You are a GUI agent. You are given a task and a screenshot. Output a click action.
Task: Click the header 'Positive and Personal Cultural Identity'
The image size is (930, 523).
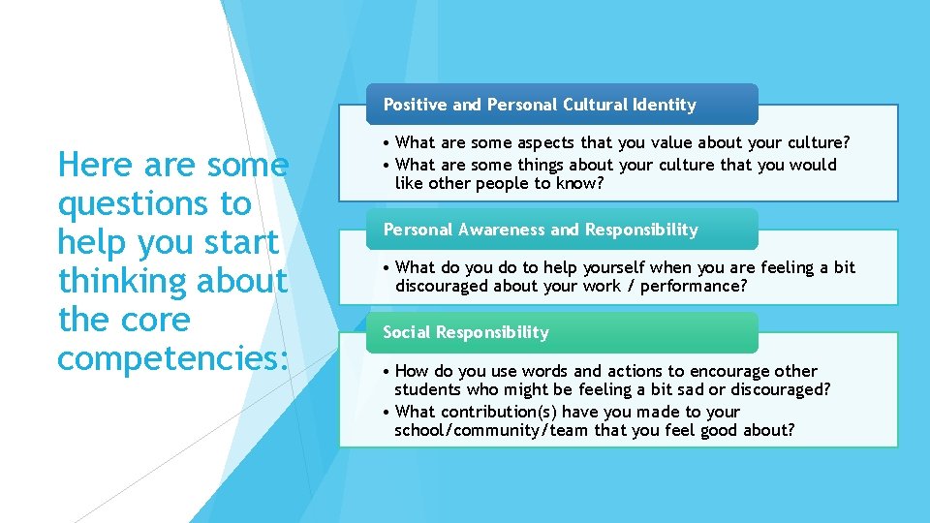coord(540,105)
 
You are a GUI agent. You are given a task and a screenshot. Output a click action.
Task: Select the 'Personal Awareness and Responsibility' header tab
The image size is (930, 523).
coord(540,230)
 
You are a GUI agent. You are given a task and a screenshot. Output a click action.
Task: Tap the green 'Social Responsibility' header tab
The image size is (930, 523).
coord(465,332)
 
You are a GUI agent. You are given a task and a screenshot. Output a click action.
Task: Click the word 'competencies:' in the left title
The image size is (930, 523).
coord(172,357)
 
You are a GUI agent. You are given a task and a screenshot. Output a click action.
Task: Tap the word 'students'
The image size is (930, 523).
coord(426,389)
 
